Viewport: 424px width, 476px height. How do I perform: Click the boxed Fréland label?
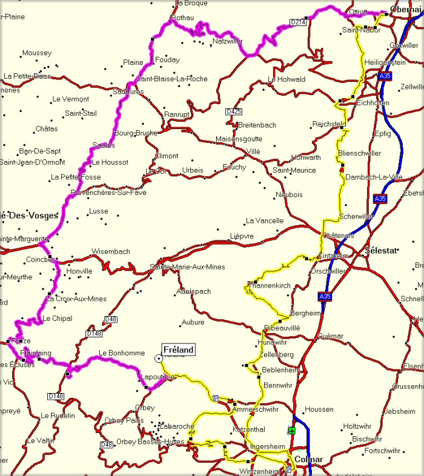click(179, 350)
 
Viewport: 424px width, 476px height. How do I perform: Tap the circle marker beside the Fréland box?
click(159, 359)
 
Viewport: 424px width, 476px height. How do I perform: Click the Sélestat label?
click(380, 250)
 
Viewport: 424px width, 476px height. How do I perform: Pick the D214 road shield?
click(297, 22)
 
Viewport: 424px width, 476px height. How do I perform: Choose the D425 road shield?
click(233, 111)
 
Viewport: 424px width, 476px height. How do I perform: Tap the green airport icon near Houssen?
click(292, 431)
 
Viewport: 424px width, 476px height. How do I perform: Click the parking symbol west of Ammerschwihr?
click(216, 398)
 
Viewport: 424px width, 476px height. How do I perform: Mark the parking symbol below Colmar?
click(288, 469)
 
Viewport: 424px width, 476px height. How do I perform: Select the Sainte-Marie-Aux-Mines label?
click(187, 267)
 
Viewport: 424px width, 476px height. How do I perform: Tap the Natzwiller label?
click(227, 42)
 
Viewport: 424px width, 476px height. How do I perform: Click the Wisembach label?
click(111, 251)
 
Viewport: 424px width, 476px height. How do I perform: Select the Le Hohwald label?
click(286, 79)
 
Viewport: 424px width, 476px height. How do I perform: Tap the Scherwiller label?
click(357, 216)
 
